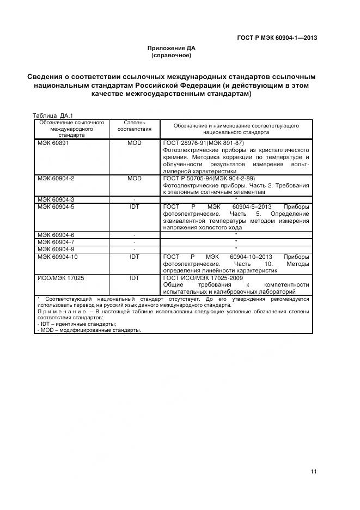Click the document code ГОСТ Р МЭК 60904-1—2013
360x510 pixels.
tap(277, 38)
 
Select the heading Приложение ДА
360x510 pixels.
tap(171, 48)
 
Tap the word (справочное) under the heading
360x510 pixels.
tap(171, 56)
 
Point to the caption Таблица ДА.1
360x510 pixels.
tap(53, 116)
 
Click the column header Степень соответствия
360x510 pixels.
tap(135, 127)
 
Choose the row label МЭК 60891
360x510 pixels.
tap(53, 143)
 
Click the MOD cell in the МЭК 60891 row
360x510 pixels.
tap(135, 143)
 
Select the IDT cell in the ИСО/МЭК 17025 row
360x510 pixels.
tap(135, 277)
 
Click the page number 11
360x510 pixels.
tap(314, 472)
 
